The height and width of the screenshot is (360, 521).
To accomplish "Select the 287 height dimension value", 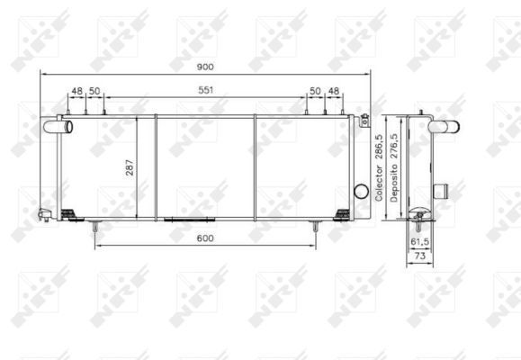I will pyautogui.click(x=130, y=167).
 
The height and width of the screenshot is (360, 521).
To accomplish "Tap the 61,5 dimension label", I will pyautogui.click(x=420, y=242).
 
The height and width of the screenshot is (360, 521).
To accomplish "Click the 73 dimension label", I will pyautogui.click(x=418, y=256).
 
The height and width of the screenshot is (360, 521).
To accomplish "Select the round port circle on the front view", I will pyautogui.click(x=362, y=191).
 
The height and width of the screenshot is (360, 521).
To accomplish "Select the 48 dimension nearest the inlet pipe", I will pyautogui.click(x=77, y=92).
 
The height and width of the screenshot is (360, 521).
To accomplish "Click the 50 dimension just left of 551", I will pyautogui.click(x=94, y=92).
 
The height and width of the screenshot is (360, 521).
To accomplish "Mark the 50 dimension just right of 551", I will pyautogui.click(x=315, y=92).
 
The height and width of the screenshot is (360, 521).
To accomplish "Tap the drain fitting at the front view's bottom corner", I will pyautogui.click(x=44, y=214).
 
